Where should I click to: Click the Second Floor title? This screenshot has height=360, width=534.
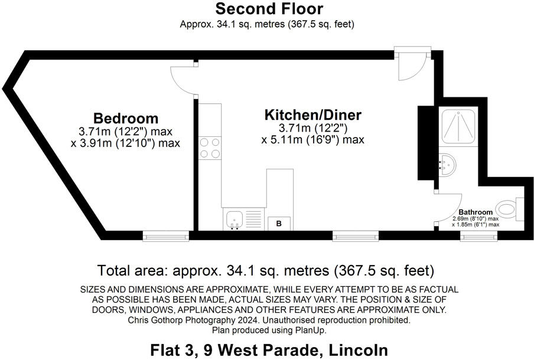pos(269,9)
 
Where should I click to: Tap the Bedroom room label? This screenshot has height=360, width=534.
pos(126,117)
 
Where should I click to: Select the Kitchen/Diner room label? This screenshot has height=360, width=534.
pos(312,114)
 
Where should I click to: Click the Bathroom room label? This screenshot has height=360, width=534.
pos(476,212)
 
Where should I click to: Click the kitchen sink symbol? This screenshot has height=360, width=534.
pos(235,220)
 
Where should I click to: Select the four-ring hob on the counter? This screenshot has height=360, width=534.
pos(210,148)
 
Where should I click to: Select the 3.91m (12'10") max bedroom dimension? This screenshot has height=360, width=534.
pos(125,143)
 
